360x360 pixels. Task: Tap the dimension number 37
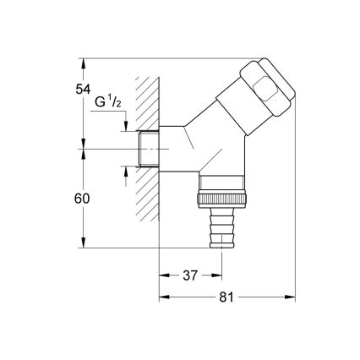tap(190, 275)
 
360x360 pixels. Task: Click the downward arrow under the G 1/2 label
tap(126, 126)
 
